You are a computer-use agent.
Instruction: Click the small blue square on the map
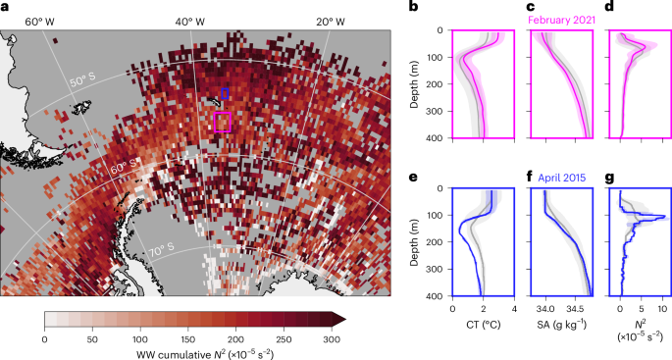(x=226, y=93)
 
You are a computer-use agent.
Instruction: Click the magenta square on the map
(x=222, y=122)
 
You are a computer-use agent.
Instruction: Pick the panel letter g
(x=614, y=179)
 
